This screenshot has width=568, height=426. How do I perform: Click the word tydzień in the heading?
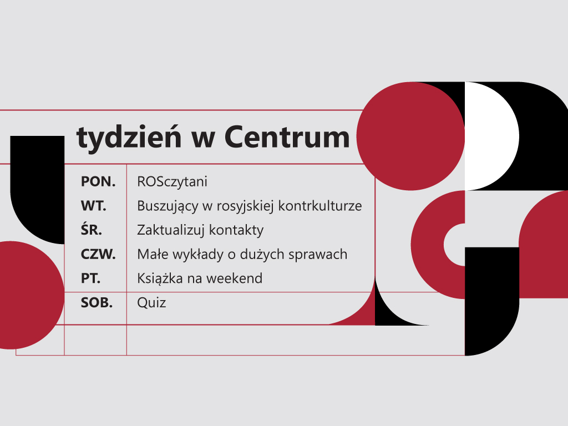(x=129, y=138)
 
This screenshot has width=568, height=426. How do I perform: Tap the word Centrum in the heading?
(x=287, y=137)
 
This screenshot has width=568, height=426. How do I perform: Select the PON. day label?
(x=98, y=181)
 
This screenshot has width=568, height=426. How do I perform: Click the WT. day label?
(x=93, y=206)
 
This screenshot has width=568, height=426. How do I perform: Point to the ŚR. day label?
(x=92, y=229)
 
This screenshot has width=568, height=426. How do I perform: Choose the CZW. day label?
(x=98, y=254)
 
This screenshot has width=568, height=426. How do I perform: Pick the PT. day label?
(x=90, y=278)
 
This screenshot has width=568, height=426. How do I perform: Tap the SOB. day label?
(x=97, y=303)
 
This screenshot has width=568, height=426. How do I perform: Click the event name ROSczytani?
(x=172, y=182)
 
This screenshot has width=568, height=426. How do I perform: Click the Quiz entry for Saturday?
(x=151, y=303)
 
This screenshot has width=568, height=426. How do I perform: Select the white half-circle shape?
(x=492, y=136)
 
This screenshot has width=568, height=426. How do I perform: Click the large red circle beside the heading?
(x=410, y=136)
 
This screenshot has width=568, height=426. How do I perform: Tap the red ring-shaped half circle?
(x=428, y=245)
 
